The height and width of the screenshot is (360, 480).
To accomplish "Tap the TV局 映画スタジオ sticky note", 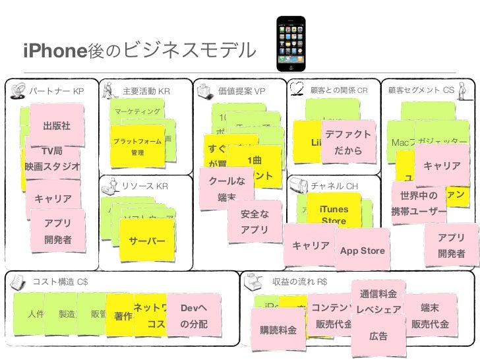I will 51,159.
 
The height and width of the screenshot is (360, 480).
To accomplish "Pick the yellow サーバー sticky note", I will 147,241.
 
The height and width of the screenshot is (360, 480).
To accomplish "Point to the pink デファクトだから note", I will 347,142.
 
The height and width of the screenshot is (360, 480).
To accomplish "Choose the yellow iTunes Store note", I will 334,214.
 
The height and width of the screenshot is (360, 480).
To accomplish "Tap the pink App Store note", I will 362,251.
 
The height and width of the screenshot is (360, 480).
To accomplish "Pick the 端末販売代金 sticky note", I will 430,316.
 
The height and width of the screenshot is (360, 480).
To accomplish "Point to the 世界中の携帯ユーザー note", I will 419,204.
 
